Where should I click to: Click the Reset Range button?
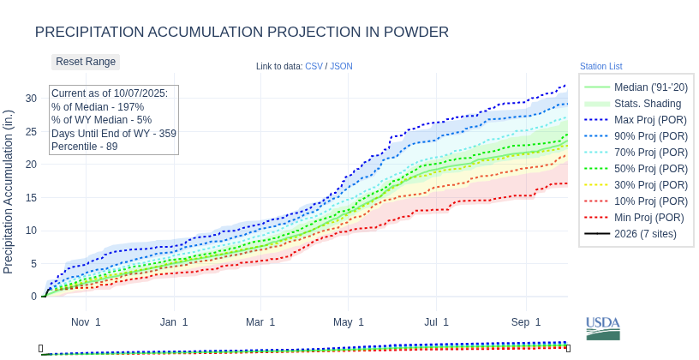pos(86,62)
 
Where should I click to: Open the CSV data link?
pos(314,66)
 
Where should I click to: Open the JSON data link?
pos(341,66)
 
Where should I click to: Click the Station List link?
pos(600,66)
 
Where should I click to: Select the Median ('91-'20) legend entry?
pos(636,87)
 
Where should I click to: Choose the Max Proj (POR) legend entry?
pos(636,120)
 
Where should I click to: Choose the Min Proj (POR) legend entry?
pos(636,218)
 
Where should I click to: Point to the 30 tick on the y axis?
pos(31,99)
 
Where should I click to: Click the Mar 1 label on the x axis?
pos(260,322)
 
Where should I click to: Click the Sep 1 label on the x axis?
pos(526,322)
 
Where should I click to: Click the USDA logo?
pos(603,328)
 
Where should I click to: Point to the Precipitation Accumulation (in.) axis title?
pos(9,192)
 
